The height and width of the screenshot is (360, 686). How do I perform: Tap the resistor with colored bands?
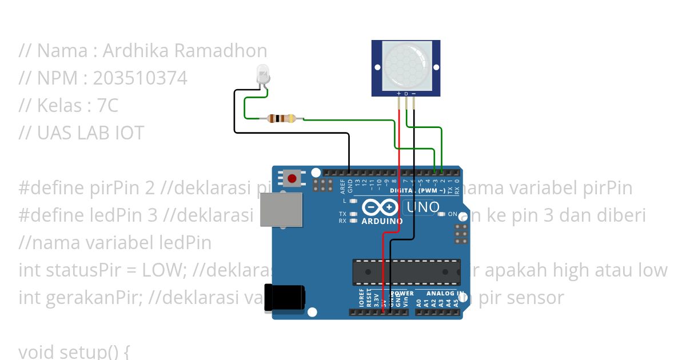pos(281,118)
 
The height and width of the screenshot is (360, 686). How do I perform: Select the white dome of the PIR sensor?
pos(406,64)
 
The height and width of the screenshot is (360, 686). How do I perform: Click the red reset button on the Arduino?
pos(292,179)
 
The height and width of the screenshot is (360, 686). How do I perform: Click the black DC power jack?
pos(284,298)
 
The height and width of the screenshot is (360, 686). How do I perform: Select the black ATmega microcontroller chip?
pos(406,271)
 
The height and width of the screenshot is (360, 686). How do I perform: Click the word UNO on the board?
pos(423,207)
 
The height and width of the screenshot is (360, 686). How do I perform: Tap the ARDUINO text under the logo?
pos(382,221)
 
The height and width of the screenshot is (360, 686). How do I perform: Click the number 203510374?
pos(140,78)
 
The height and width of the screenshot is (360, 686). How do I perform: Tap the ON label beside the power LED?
pos(452,214)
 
